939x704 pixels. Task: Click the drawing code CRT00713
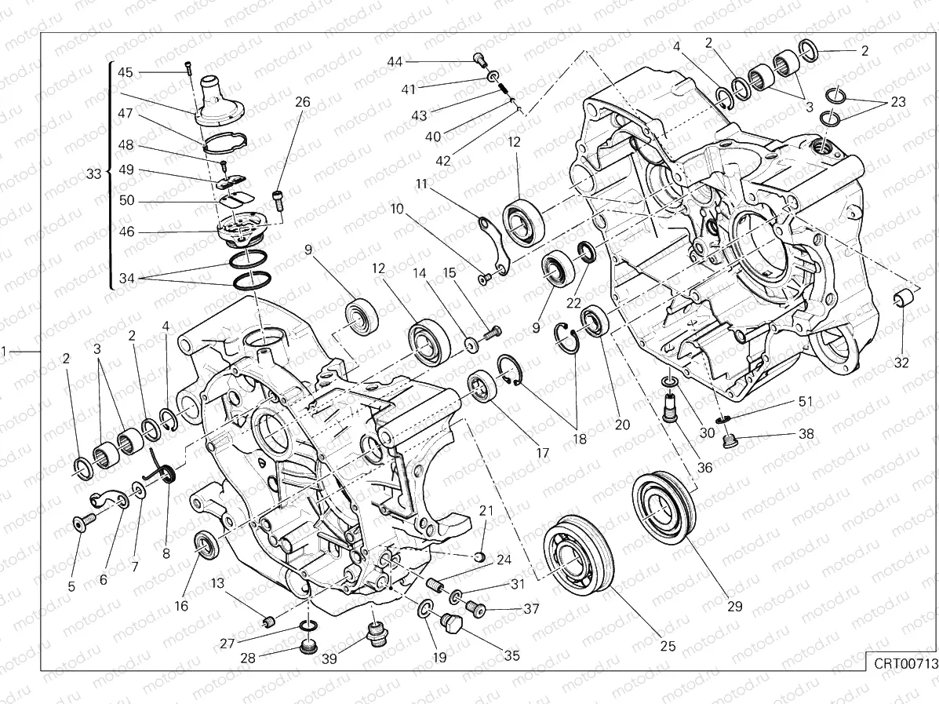[x=906, y=663]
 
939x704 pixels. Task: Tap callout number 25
[x=667, y=646]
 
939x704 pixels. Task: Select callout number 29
[x=734, y=606]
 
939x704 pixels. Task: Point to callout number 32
[x=901, y=362]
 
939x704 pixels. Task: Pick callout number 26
[x=303, y=102]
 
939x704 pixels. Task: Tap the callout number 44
[x=394, y=61]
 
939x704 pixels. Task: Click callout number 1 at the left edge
[x=6, y=351]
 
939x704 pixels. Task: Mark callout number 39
[x=329, y=659]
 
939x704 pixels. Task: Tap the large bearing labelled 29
[x=664, y=505]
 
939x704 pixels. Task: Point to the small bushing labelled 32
[x=904, y=299]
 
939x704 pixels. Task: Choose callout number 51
[x=806, y=401]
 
